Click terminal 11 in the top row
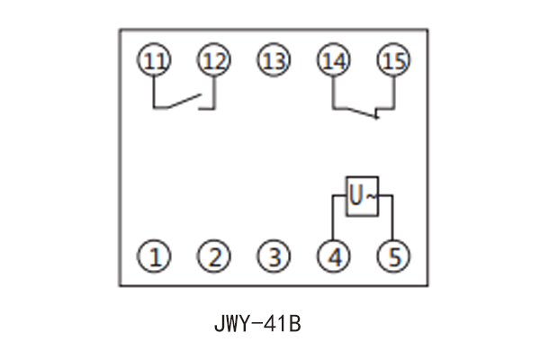155,60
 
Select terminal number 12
213,60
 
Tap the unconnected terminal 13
273,60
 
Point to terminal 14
332,60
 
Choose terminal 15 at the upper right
392,60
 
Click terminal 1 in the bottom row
155,258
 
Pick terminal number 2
213,258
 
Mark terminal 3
273,258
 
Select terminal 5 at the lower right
392,258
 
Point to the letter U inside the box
356,194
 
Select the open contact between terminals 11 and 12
184,102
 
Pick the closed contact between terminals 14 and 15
360,112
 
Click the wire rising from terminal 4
333,220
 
